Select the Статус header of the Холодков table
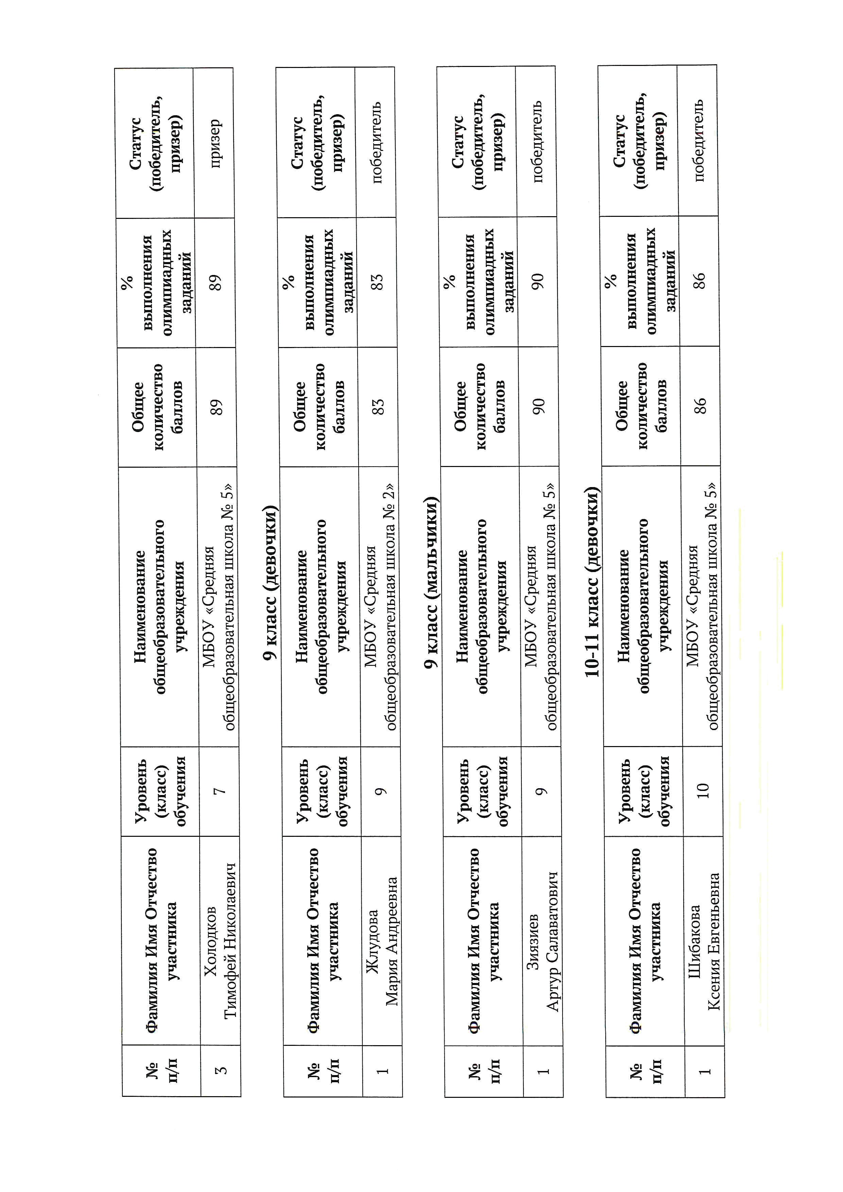[x=155, y=143]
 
